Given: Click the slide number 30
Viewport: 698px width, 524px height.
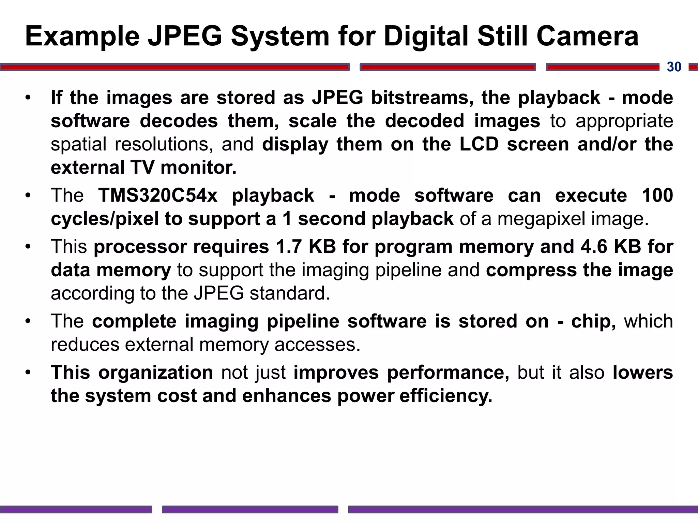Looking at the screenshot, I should (x=674, y=67).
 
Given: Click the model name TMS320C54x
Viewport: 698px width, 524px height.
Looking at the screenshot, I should (x=158, y=195).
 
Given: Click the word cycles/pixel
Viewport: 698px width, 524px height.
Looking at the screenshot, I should (x=105, y=219).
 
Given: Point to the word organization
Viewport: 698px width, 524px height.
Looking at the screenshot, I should (x=156, y=372).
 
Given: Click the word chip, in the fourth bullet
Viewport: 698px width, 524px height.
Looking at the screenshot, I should (x=593, y=321).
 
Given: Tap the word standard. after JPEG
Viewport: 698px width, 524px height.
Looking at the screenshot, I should (x=290, y=293).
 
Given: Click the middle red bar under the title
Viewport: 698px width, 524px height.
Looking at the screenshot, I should (x=447, y=67).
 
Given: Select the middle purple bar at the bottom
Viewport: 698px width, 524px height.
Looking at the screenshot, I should (x=250, y=509).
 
